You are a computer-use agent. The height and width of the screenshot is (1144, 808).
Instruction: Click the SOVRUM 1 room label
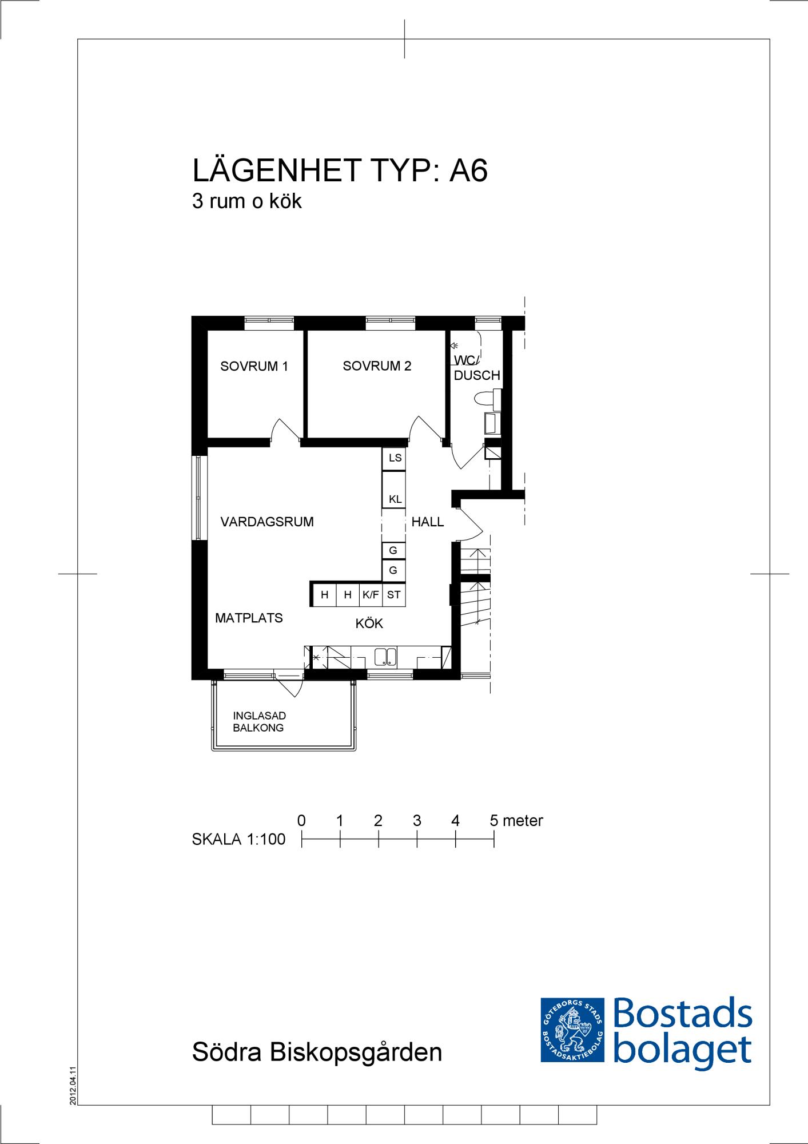click(x=254, y=367)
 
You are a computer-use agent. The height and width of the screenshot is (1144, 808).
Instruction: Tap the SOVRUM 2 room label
click(x=377, y=367)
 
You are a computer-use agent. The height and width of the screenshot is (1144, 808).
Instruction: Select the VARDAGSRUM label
click(x=267, y=522)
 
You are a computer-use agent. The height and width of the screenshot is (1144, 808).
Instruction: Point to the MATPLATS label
click(x=249, y=618)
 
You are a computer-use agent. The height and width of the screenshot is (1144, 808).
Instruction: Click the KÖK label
click(x=369, y=623)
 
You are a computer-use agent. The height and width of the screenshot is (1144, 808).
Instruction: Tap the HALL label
click(x=428, y=522)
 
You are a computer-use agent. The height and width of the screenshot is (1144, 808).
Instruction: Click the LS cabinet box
click(x=394, y=458)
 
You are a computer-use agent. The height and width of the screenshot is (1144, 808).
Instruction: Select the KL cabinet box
click(x=394, y=489)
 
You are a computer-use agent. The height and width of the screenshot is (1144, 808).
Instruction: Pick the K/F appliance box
click(x=371, y=595)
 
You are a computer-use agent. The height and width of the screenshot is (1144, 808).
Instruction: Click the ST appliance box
click(x=394, y=595)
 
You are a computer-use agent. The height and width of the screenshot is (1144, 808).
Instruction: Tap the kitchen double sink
click(x=386, y=657)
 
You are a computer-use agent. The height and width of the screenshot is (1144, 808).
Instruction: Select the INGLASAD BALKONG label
click(x=259, y=722)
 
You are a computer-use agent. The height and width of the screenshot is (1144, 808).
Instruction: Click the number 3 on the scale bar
click(x=417, y=821)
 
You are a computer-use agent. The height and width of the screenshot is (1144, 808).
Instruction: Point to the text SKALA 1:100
click(x=238, y=839)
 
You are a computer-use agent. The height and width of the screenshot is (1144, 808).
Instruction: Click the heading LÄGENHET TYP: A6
click(x=340, y=170)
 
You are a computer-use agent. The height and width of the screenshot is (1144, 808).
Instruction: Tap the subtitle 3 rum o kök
click(x=247, y=201)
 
